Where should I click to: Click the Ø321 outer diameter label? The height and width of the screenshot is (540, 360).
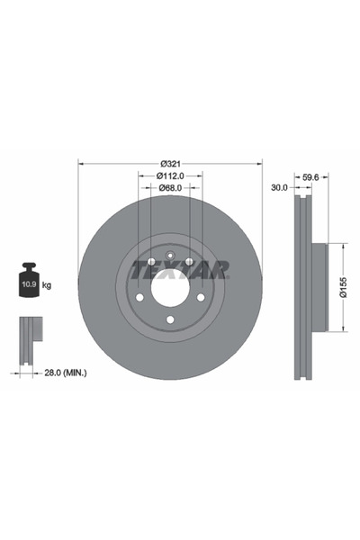(171, 163)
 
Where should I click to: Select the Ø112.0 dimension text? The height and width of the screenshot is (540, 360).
(171, 175)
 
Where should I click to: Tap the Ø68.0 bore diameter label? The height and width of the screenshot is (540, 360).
(171, 187)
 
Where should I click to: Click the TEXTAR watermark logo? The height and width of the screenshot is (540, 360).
(180, 268)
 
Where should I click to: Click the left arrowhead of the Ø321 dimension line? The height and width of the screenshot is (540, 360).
(83, 163)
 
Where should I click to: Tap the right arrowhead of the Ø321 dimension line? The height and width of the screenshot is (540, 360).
(259, 163)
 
